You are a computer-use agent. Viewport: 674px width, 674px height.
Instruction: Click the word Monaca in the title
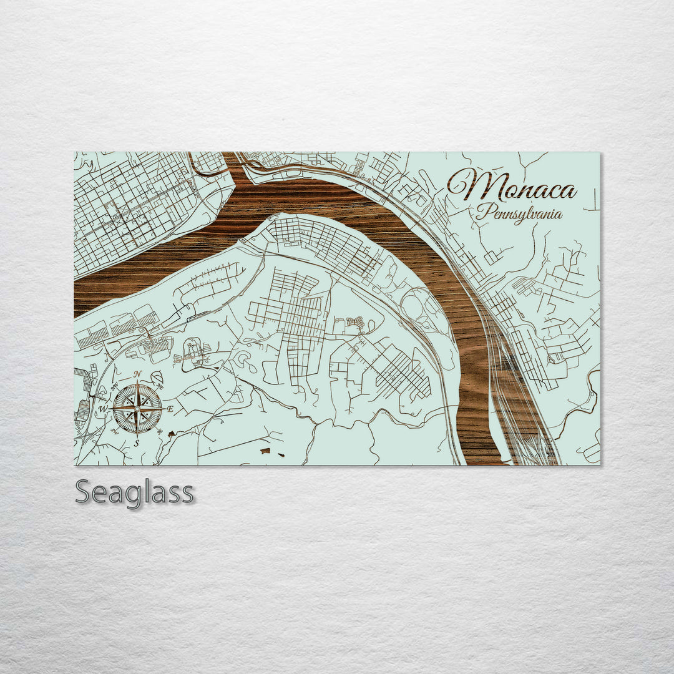[512, 185]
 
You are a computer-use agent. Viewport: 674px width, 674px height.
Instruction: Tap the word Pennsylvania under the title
[519, 213]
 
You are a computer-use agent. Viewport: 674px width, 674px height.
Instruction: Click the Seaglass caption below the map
[134, 492]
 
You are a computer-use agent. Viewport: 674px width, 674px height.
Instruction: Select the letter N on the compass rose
[137, 374]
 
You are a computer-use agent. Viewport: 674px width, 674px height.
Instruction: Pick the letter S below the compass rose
[137, 443]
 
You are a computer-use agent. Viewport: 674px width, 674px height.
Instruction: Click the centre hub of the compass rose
[137, 409]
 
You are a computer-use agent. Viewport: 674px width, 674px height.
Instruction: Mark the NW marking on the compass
[114, 386]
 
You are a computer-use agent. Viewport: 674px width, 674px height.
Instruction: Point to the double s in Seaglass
[175, 493]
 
